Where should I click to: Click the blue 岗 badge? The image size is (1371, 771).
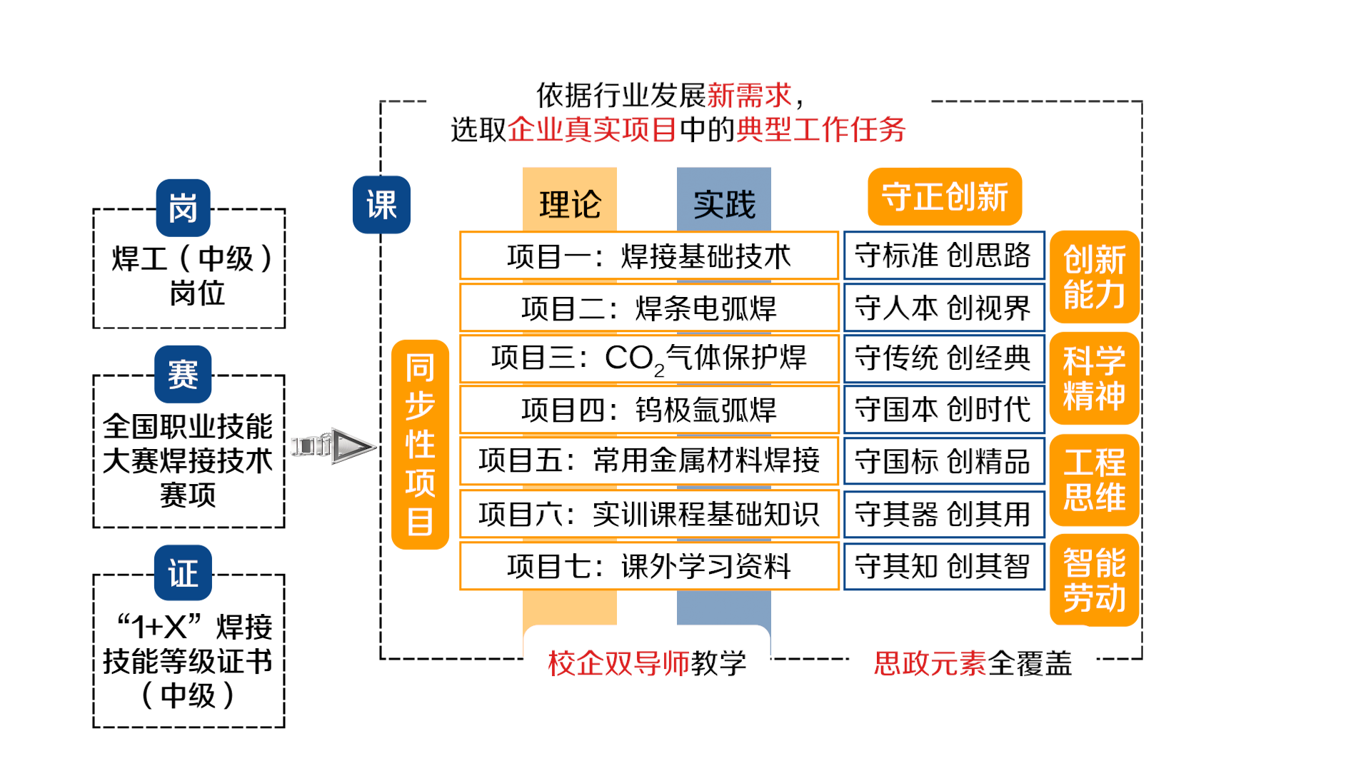click(x=183, y=208)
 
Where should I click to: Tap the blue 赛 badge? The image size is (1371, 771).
click(x=183, y=374)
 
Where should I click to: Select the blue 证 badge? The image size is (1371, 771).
click(x=183, y=573)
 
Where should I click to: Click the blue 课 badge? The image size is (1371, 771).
click(x=381, y=205)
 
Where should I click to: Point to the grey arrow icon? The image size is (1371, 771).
click(x=333, y=446)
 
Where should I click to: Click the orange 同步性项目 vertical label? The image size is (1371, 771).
click(x=420, y=444)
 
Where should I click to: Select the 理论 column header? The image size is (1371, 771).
click(x=570, y=204)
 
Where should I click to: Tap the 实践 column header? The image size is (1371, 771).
click(x=724, y=204)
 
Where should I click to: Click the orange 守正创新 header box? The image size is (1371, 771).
click(x=945, y=197)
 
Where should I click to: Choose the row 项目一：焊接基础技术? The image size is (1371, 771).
click(x=648, y=256)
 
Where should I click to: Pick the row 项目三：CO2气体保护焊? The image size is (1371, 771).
click(x=648, y=358)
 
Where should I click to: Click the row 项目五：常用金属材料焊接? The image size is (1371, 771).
click(x=648, y=460)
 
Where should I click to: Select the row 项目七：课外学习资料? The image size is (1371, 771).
click(x=648, y=566)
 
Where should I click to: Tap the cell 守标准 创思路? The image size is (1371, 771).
click(x=943, y=255)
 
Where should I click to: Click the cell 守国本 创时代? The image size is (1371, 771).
click(x=943, y=410)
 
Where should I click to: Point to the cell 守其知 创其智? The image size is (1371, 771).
click(x=943, y=566)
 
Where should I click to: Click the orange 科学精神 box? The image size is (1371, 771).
click(x=1094, y=378)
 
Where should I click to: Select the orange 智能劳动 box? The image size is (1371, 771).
click(x=1094, y=580)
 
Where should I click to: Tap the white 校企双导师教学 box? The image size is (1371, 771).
click(x=646, y=663)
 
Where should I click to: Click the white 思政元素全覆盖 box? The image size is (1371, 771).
click(x=972, y=663)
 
